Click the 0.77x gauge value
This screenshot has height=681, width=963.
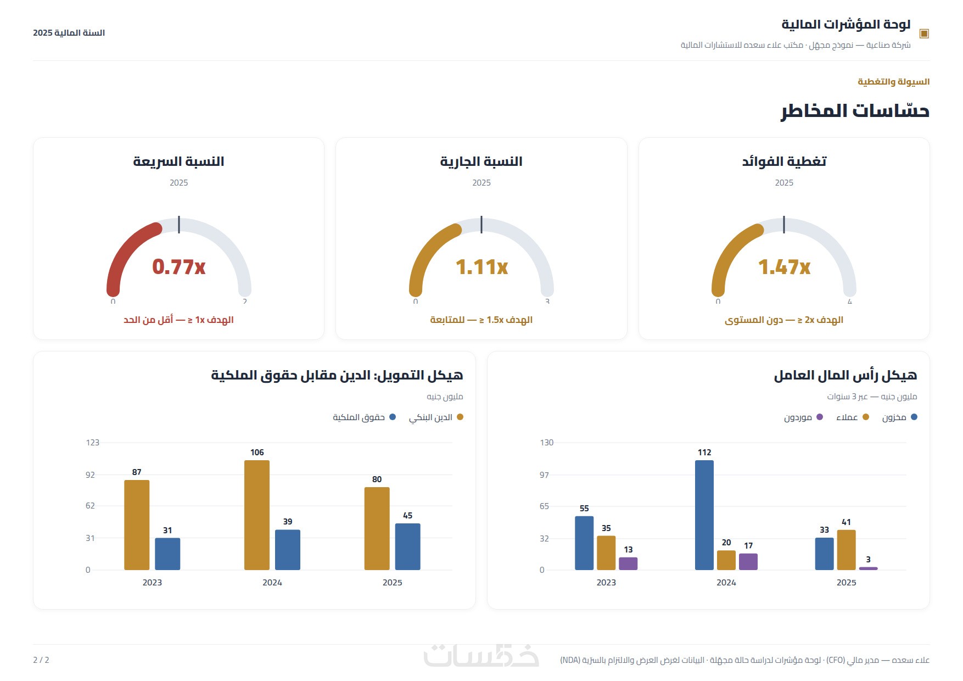pos(179,267)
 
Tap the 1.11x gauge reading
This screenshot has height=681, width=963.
pos(481,267)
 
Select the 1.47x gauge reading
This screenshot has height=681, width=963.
pos(784,267)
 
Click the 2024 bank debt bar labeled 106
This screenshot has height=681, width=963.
pos(257,515)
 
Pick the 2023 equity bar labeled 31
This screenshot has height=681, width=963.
pos(167,554)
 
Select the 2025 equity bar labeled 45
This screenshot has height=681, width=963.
pos(408,546)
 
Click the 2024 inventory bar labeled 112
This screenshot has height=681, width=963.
pos(704,515)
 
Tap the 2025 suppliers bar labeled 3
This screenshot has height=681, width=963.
pos(869,568)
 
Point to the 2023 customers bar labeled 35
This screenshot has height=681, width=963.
pos(606,552)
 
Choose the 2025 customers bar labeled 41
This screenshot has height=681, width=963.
pos(847,550)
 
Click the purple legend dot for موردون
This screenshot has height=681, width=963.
pos(820,417)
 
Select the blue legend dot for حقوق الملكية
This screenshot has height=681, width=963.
pos(393,417)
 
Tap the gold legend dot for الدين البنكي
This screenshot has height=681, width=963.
pos(460,417)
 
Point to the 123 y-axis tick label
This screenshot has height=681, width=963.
pos(93,443)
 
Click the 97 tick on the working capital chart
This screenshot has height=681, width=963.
pos(544,475)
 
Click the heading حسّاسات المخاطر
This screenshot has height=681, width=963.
pos(855,111)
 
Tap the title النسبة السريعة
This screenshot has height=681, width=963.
pos(179,161)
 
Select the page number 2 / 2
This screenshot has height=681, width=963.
pos(41,660)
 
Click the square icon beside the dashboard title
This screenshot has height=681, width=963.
pos(924,34)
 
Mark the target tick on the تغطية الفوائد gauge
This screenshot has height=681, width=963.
pos(784,225)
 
